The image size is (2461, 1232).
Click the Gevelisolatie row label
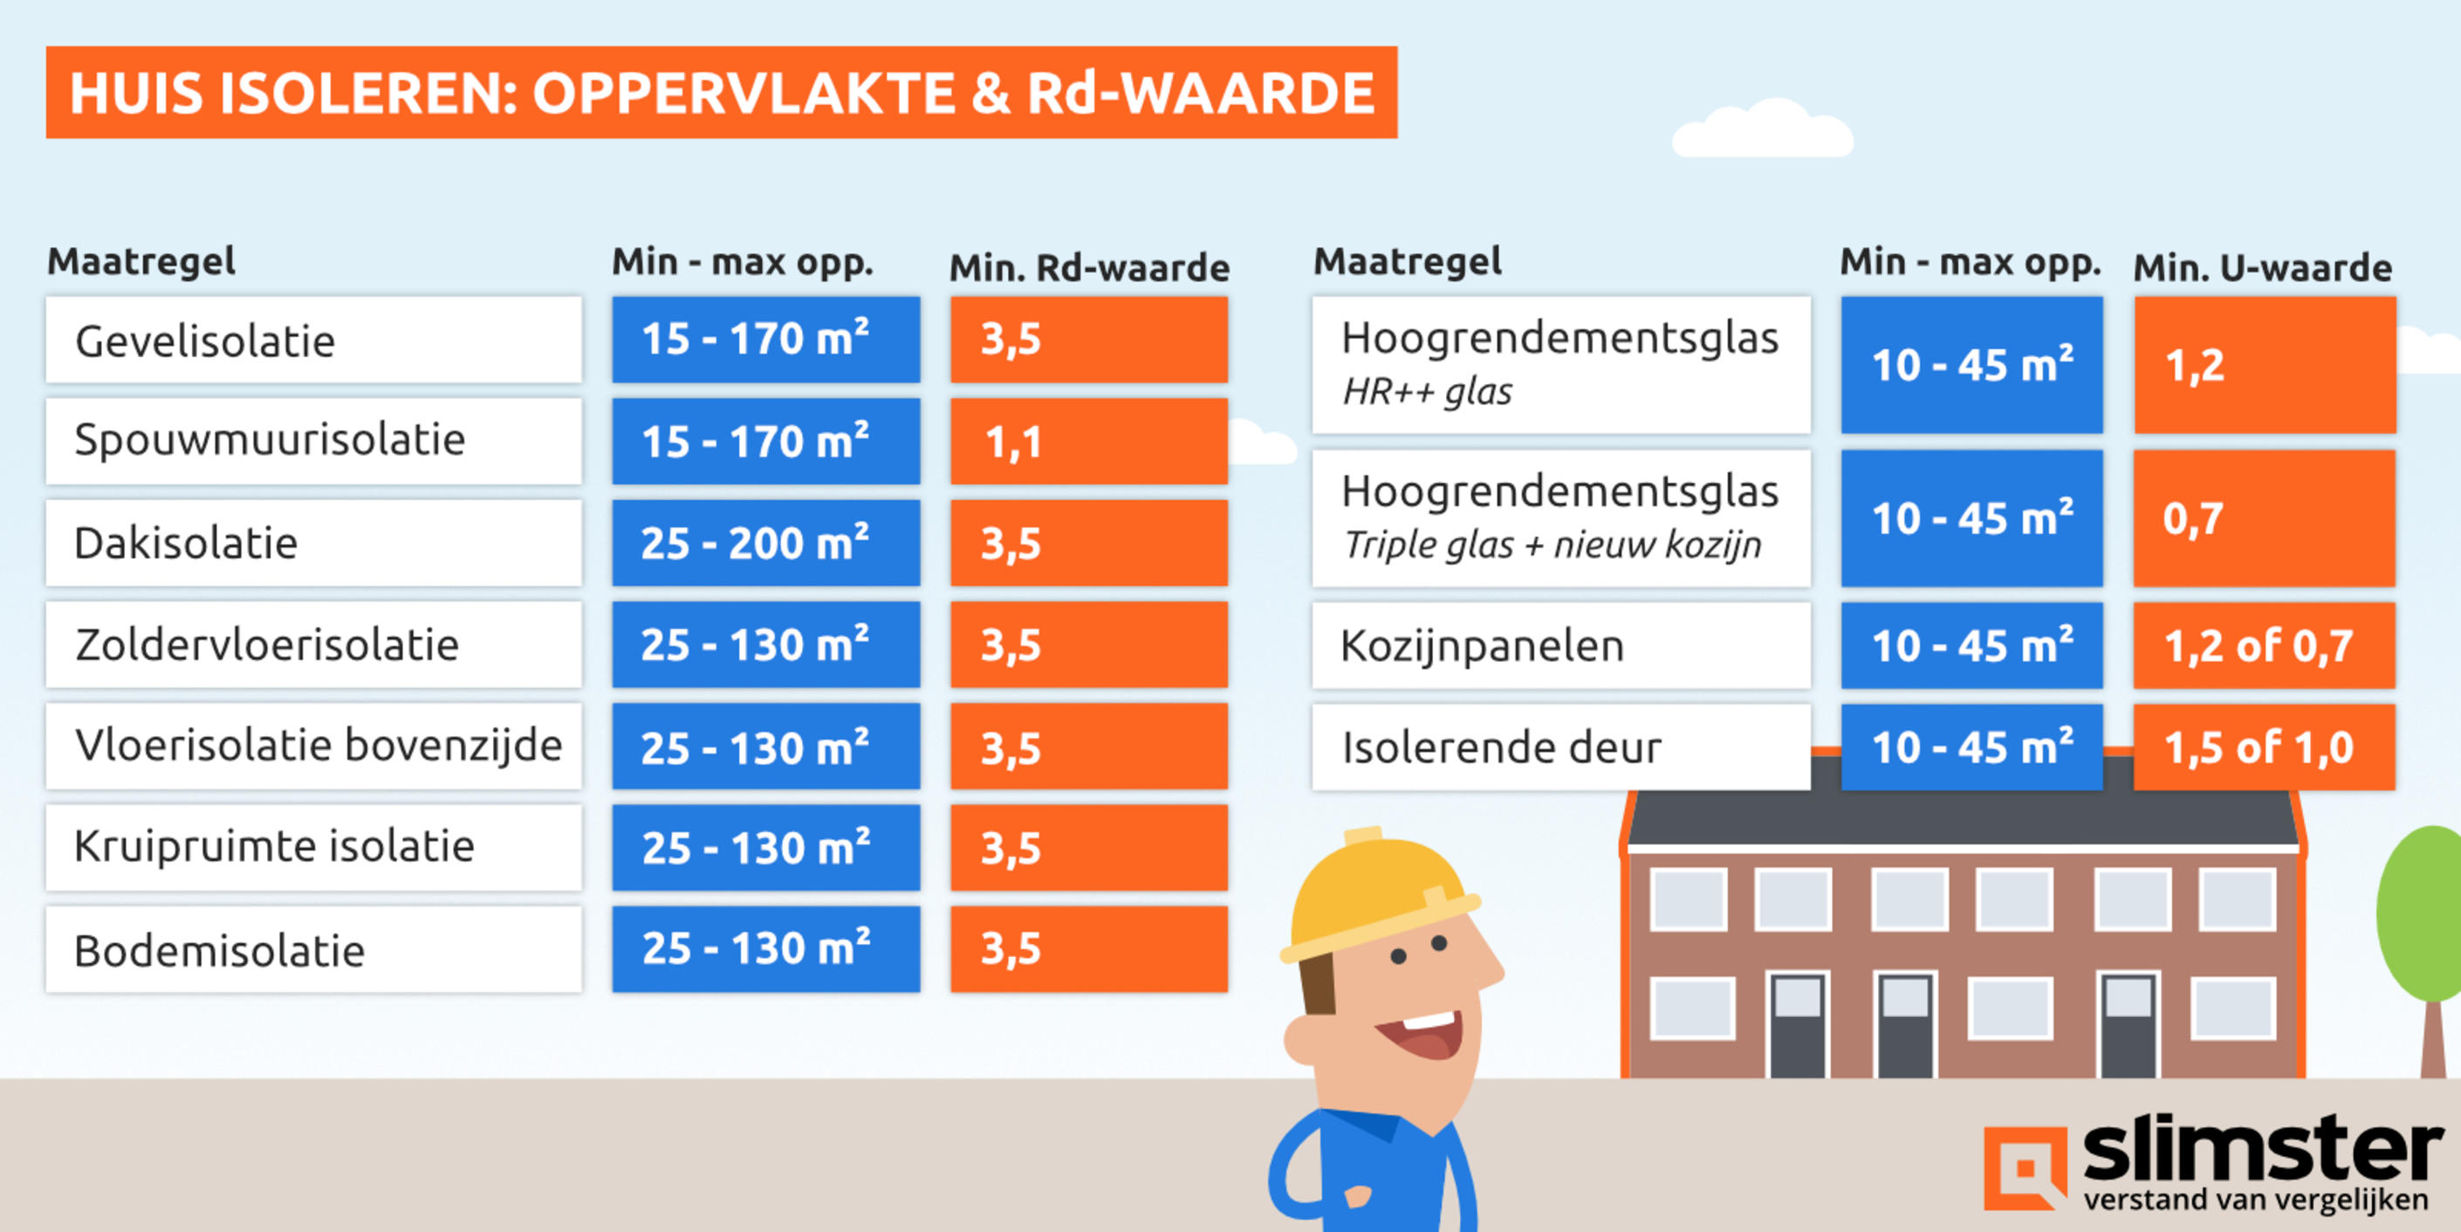pyautogui.click(x=204, y=341)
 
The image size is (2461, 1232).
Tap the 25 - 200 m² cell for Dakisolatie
pyautogui.click(x=755, y=544)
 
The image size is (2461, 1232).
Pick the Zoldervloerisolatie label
pyautogui.click(x=266, y=645)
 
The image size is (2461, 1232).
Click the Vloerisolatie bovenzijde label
pyautogui.click(x=319, y=747)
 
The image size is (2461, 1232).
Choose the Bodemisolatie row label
pyautogui.click(x=219, y=951)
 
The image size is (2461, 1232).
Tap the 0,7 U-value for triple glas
pyautogui.click(x=2193, y=519)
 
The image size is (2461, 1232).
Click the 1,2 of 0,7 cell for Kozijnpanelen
pyautogui.click(x=2259, y=646)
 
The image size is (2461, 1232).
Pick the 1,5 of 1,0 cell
pyautogui.click(x=2259, y=747)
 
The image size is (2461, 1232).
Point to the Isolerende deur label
pyautogui.click(x=1501, y=747)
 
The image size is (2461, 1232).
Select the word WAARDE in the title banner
pyautogui.click(x=1247, y=93)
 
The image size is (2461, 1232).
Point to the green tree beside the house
pyautogui.click(x=2422, y=918)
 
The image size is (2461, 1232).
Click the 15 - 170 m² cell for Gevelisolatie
pyautogui.click(x=755, y=340)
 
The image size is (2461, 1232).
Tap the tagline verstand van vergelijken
pyautogui.click(x=2255, y=1200)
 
